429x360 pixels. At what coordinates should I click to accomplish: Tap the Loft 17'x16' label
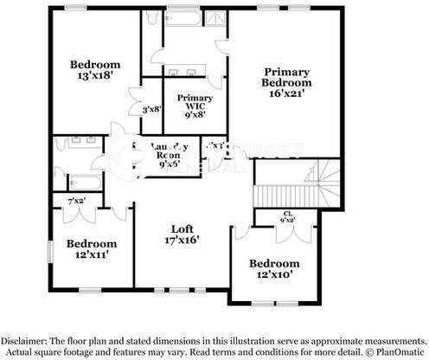(181, 235)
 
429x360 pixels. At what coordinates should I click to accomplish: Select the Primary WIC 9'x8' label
(189, 105)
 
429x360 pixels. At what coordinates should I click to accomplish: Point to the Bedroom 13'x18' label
(94, 70)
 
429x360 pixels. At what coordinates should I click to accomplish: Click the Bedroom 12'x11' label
(92, 250)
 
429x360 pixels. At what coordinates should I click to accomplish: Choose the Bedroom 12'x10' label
(274, 269)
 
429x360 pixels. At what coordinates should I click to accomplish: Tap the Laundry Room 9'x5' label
(170, 154)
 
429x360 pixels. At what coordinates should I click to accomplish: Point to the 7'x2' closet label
(76, 202)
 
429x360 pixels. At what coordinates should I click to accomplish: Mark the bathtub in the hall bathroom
(84, 183)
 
